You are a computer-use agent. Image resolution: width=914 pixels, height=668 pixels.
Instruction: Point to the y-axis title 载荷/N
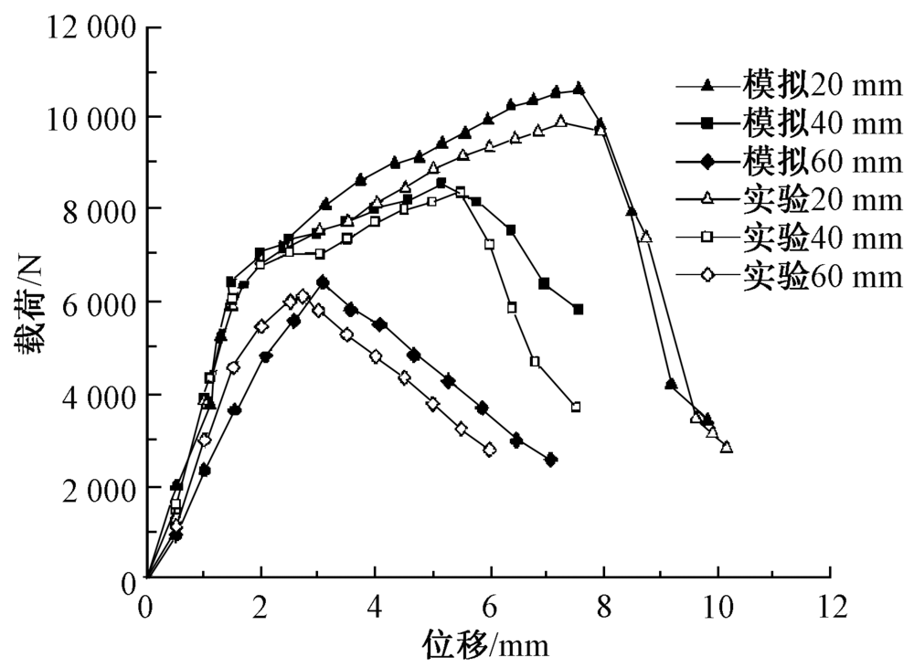pos(25,302)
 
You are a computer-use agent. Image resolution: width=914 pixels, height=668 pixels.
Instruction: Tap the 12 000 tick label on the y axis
pos(91,26)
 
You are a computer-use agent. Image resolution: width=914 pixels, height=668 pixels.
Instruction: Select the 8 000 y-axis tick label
pos(98,210)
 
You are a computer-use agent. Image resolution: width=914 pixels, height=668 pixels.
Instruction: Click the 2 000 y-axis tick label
pos(98,488)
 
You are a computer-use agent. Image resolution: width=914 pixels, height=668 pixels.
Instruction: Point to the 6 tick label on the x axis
pos(489,604)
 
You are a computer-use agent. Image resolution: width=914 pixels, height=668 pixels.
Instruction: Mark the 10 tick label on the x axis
pos(717,604)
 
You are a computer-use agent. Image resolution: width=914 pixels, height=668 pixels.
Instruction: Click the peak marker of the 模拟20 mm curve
pos(579,89)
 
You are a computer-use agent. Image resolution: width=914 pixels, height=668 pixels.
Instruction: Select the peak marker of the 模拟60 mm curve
pos(323,282)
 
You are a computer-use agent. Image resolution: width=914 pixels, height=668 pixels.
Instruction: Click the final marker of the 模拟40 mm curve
pos(578,310)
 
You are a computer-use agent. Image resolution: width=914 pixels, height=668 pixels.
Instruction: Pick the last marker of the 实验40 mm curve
pos(576,407)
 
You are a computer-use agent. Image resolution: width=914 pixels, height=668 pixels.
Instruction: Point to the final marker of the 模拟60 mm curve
pos(550,460)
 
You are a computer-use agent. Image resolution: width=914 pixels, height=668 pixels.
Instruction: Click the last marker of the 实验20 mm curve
pos(727,447)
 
